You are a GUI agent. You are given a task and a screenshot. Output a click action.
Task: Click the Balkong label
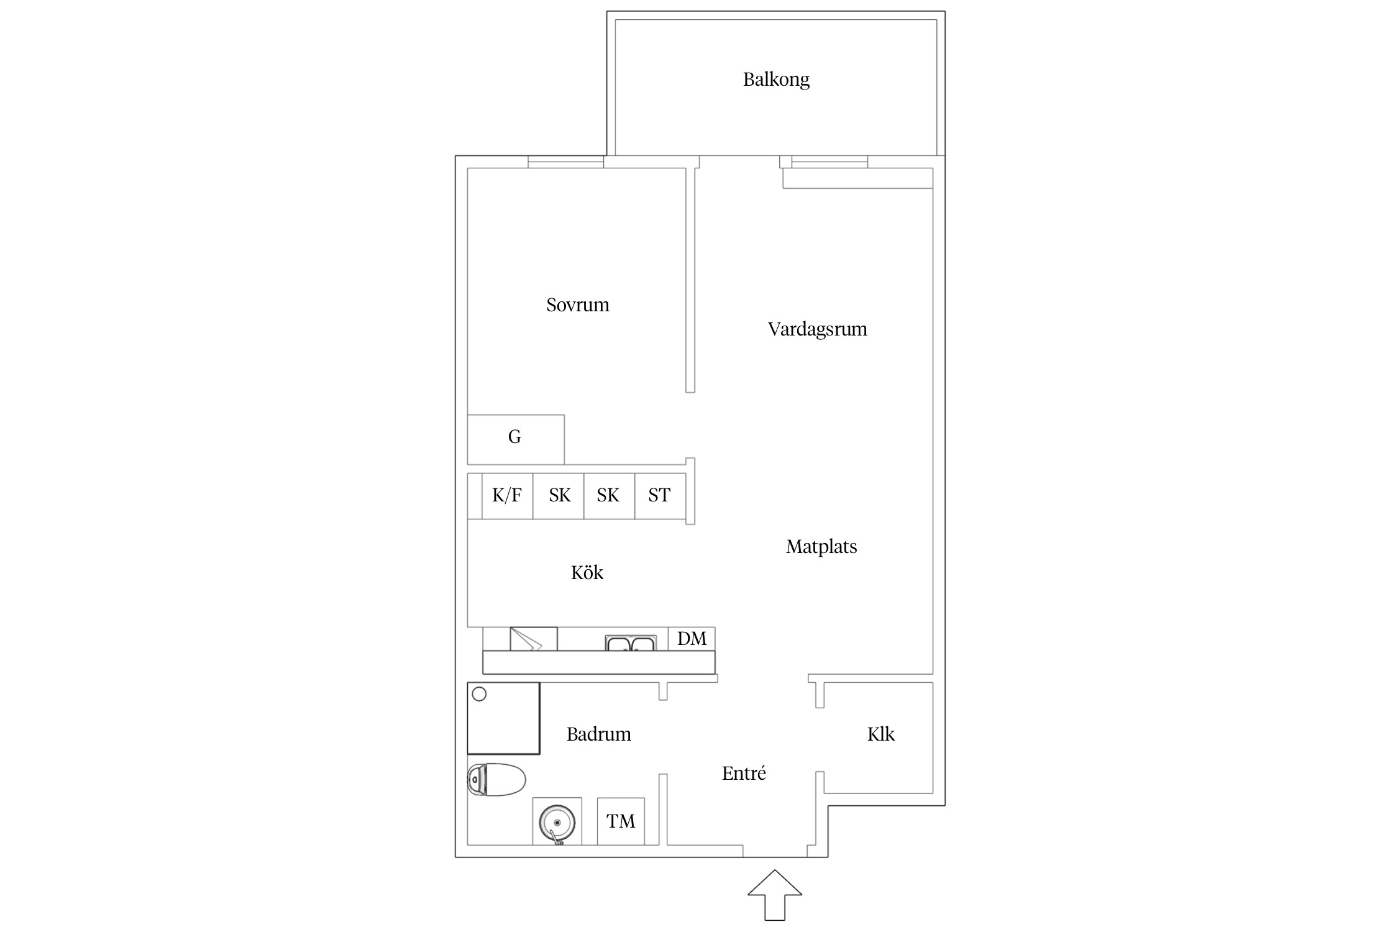(x=776, y=80)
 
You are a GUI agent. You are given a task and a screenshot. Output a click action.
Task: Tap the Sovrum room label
(x=578, y=304)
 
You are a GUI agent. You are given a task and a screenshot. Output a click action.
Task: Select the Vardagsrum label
(x=817, y=329)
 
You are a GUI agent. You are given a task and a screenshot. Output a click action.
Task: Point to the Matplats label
(x=821, y=546)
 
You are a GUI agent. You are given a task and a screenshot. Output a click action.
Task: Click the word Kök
(x=587, y=572)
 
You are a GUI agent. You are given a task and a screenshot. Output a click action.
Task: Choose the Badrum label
(x=598, y=734)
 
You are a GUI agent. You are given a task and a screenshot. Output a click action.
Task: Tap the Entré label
(x=744, y=773)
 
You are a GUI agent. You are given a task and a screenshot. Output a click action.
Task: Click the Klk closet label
(x=881, y=734)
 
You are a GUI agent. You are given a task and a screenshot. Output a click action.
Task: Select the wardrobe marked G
(x=516, y=439)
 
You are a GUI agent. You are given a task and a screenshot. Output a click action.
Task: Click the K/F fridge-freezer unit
(x=507, y=496)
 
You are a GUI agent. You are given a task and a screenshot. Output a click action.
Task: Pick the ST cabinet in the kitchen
(x=660, y=496)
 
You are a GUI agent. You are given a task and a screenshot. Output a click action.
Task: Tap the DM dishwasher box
(x=692, y=639)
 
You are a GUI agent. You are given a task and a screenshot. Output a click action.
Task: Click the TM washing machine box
(x=621, y=821)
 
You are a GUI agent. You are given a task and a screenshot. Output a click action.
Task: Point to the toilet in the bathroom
(x=496, y=780)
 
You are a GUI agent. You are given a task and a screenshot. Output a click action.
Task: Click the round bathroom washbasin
(x=557, y=822)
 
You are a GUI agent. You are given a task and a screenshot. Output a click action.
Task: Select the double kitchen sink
(x=631, y=643)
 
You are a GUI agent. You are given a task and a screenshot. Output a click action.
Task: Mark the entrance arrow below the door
(x=775, y=894)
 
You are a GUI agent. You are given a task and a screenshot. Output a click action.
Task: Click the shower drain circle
(x=479, y=694)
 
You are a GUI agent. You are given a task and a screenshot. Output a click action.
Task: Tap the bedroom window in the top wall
(x=565, y=162)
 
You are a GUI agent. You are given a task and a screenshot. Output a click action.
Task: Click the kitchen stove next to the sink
(x=534, y=639)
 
